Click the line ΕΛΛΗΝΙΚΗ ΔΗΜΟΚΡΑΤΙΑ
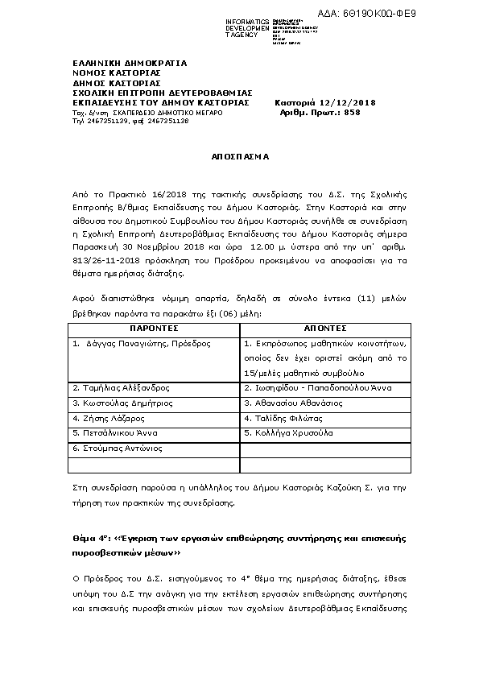129,63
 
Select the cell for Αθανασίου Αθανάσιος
293,403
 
